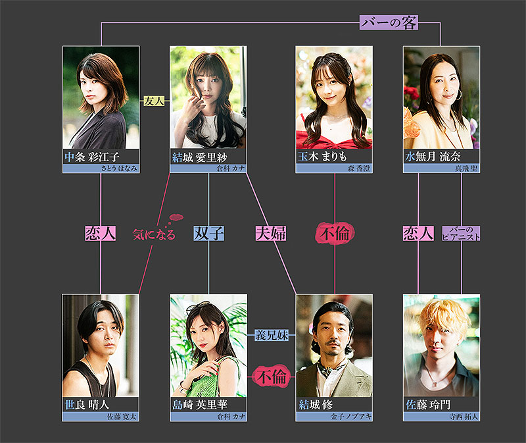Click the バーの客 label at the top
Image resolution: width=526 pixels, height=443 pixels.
389,23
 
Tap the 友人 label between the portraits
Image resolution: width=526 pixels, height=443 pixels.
154,102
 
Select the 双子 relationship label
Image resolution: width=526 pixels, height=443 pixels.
208,233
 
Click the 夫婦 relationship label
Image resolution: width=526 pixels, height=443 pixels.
270,233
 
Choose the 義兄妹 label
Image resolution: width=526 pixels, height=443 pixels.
272,335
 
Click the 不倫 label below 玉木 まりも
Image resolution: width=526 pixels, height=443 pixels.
335,233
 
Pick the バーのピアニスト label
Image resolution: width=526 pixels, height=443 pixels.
462,233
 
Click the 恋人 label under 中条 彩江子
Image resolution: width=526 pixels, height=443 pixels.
101,233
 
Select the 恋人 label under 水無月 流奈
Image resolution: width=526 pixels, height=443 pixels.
418,233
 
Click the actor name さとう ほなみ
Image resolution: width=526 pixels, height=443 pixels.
118,169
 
